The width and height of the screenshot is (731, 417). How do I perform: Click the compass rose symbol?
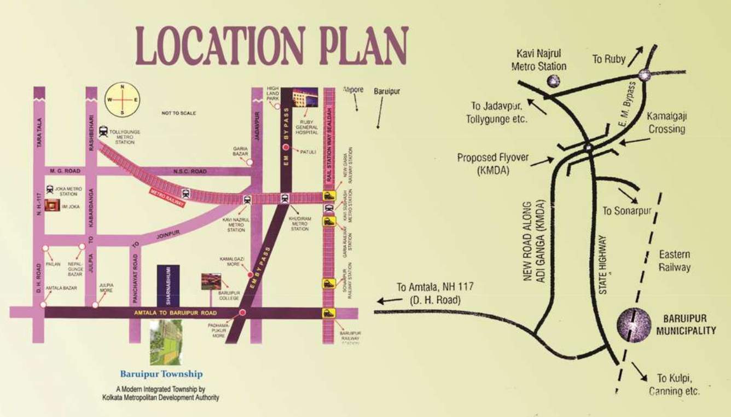tap(123, 100)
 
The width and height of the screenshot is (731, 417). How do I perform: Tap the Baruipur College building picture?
tap(212, 281)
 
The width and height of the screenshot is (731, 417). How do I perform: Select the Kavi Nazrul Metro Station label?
tap(236, 224)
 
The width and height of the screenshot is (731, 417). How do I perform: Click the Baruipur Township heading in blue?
tap(161, 374)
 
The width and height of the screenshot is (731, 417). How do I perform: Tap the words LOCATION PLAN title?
tap(271, 46)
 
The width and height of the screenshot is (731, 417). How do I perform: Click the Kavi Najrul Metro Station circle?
tap(554, 81)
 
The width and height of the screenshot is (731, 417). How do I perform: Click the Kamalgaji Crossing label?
tap(665, 123)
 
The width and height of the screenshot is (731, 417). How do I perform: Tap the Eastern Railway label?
tap(674, 261)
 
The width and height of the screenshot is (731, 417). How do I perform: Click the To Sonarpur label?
tap(626, 211)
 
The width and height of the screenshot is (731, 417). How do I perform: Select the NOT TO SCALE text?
tap(178, 113)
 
